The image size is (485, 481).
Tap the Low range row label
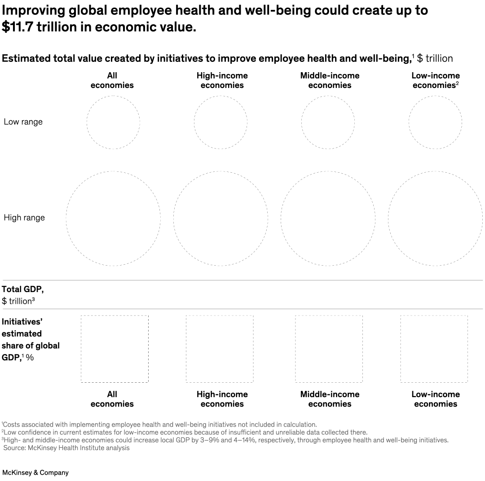click(23, 122)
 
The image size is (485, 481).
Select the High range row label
click(24, 218)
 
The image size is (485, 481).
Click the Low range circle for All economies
click(113, 122)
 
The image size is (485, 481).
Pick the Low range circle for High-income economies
click(220, 122)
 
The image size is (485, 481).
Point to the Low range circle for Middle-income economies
click(328, 122)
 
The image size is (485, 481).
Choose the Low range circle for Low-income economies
click(435, 122)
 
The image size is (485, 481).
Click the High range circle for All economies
click(113, 219)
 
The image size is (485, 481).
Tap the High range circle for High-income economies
click(220, 219)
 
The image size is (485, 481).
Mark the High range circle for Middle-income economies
click(328, 219)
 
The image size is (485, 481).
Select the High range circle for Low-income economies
click(435, 219)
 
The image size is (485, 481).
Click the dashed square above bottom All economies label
click(115, 349)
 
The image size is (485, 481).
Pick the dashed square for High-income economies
click(220, 349)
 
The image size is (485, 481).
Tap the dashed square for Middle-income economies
click(329, 349)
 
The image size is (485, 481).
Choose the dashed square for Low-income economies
click(434, 349)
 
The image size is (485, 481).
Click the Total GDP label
click(22, 290)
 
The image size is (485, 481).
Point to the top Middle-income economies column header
click(330, 80)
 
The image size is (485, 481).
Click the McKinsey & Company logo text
click(35, 472)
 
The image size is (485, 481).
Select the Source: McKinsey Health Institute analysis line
click(66, 448)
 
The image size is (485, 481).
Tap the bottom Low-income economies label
click(436, 399)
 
